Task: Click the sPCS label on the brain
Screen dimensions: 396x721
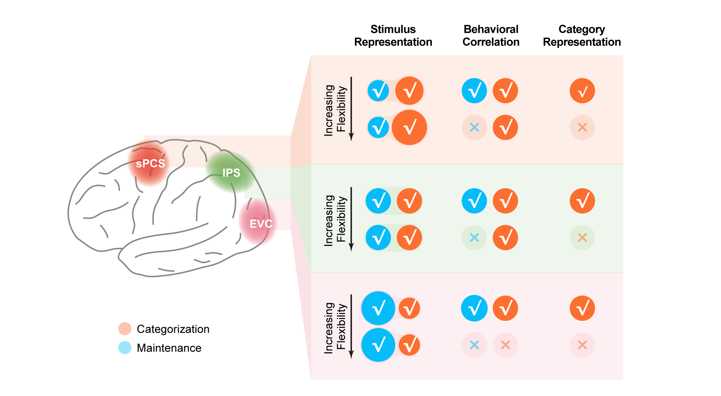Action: coord(151,163)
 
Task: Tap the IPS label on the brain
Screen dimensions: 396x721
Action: coord(231,173)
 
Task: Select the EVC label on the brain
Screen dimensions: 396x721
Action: coord(261,224)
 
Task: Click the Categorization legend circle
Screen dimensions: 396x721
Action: coord(125,329)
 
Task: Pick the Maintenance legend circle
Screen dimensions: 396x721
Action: coord(125,348)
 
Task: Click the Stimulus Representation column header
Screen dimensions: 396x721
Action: coord(393,36)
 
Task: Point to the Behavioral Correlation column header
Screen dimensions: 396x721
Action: coord(491,36)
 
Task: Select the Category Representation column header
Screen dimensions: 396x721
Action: coord(582,36)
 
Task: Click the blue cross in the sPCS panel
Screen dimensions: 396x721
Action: coord(474,127)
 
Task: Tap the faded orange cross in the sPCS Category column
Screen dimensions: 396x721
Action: coord(582,127)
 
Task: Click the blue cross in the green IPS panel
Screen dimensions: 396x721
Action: coord(474,237)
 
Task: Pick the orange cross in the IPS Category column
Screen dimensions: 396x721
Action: coord(582,237)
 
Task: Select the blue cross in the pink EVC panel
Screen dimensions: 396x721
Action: coord(474,345)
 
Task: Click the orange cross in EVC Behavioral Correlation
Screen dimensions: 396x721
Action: coord(505,345)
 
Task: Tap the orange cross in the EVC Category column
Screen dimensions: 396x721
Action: coord(582,345)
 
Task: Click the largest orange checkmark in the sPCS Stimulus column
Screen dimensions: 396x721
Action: coord(409,127)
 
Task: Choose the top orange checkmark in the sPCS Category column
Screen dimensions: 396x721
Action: coord(582,91)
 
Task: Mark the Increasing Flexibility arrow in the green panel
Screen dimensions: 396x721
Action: coord(351,219)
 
